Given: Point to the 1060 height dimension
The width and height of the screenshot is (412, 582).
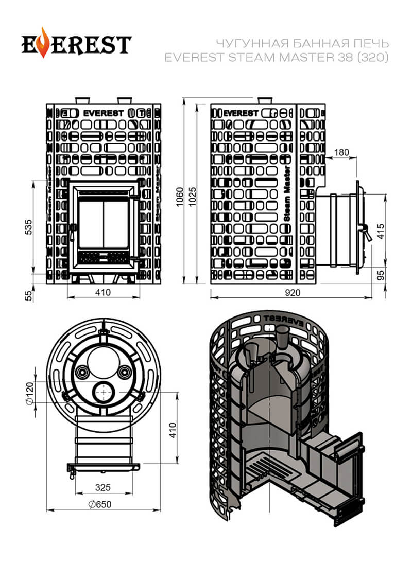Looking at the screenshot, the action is [180, 197].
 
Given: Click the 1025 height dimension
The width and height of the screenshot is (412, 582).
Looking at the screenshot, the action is [193, 197].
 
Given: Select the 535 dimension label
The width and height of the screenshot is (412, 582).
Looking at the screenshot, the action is [28, 227].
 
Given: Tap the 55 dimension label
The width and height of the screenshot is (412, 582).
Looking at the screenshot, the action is [28, 296].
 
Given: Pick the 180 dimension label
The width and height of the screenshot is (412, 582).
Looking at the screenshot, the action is [341, 152].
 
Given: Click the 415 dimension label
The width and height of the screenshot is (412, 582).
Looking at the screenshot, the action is [381, 231].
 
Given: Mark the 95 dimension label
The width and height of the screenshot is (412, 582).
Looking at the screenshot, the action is [381, 275].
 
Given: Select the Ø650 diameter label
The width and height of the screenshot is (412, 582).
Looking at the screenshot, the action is [100, 504].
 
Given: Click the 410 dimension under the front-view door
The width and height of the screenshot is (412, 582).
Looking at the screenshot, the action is [103, 292].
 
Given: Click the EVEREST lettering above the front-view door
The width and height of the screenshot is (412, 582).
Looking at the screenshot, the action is [103, 113].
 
